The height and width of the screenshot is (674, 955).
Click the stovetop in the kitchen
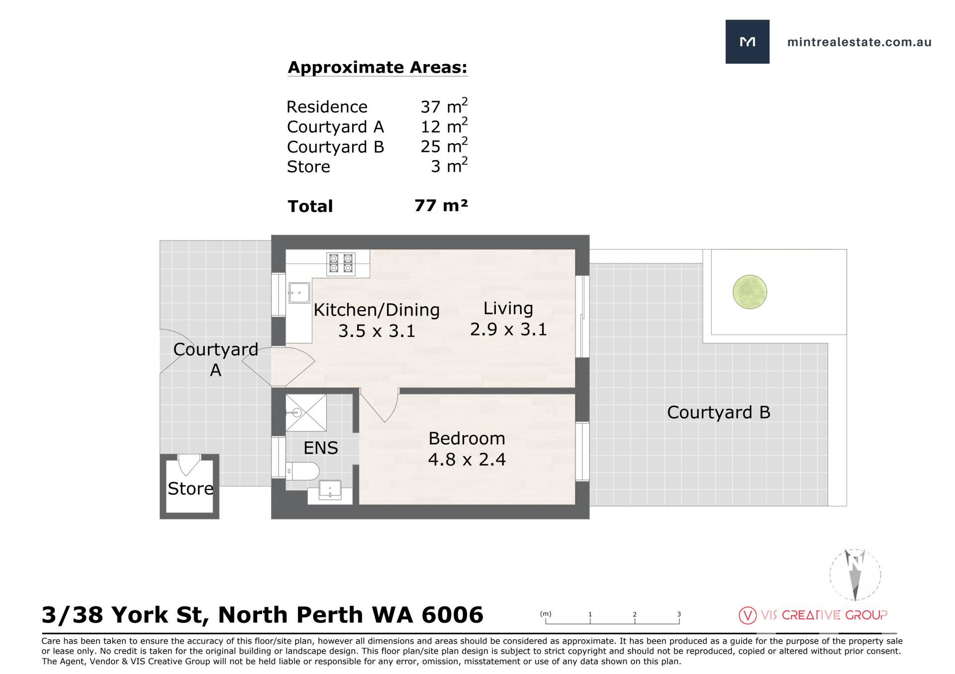pos(341,263)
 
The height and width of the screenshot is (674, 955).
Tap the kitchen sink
pos(299,293)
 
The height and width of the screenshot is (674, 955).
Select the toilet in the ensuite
pos(302,471)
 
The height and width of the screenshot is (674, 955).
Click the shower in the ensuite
pos(306,413)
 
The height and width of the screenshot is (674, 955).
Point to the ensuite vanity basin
pos(330,490)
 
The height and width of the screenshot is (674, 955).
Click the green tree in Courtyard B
pos(750,292)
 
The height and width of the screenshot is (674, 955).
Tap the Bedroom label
pos(467,438)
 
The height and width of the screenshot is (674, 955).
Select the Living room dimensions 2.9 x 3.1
pos(508,329)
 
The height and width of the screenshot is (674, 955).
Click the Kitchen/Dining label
pos(377,310)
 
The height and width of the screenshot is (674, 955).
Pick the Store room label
pos(191,489)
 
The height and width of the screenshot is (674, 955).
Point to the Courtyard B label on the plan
pos(718,412)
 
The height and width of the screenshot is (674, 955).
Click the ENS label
pos(321,448)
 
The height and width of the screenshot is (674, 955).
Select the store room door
pos(189,465)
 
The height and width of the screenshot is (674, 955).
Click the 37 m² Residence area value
pos(444,105)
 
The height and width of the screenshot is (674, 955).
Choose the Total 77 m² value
pos(441,205)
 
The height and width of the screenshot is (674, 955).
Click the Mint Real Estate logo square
pos(747,42)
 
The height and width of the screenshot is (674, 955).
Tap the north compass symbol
pos(855,575)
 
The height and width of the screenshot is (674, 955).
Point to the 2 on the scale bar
pos(635,614)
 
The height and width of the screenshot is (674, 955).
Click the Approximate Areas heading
pos(378,68)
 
